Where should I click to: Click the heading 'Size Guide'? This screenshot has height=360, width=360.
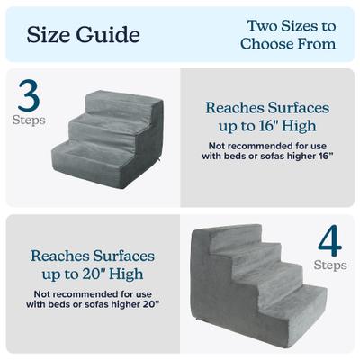(x=83, y=35)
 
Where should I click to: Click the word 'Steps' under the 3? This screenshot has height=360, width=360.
(x=28, y=118)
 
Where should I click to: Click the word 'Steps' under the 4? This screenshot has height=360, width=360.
(x=329, y=265)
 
